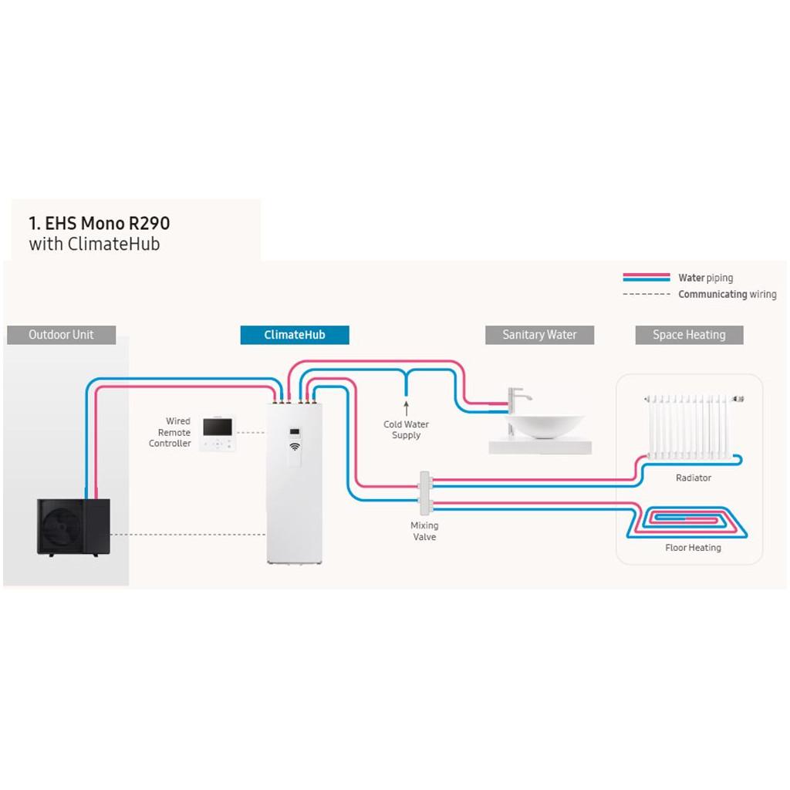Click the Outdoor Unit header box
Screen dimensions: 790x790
click(x=62, y=335)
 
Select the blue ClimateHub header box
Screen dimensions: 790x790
click(x=295, y=335)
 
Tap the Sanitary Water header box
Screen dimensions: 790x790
click(x=539, y=335)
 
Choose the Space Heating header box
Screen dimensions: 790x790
click(x=689, y=335)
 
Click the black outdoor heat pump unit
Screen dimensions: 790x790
click(x=73, y=527)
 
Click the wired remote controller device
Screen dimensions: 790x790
click(x=217, y=433)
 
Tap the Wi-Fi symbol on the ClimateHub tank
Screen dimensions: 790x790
click(x=295, y=447)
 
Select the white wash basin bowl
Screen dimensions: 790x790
click(x=545, y=426)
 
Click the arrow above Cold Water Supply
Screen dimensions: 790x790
click(x=406, y=408)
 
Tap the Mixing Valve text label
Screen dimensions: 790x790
click(x=424, y=531)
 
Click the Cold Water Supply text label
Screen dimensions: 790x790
click(x=406, y=430)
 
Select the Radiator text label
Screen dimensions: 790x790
click(x=694, y=478)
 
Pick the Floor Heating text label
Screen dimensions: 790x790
click(x=694, y=548)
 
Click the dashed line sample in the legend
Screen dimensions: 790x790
click(x=647, y=294)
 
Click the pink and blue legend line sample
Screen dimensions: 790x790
click(x=647, y=277)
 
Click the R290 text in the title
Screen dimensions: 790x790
click(x=150, y=223)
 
